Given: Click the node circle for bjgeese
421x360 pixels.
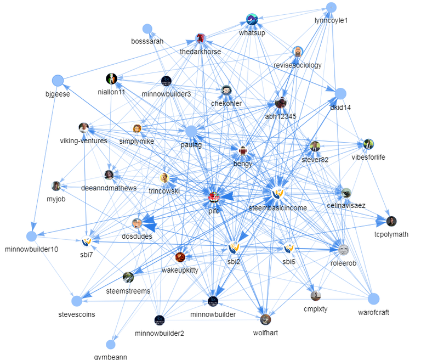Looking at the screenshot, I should [57, 81].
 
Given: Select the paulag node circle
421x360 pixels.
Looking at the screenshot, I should [191, 132].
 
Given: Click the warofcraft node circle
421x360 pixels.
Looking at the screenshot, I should [373, 299].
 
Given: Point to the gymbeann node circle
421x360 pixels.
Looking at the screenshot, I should [111, 345].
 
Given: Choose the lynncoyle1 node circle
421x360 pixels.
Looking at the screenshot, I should [331, 7].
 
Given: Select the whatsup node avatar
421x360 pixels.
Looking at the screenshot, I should [252, 20].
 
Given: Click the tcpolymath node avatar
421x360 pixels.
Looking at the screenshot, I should [391, 221].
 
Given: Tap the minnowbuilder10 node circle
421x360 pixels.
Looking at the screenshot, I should [31, 236].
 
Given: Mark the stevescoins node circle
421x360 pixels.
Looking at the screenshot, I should [77, 301].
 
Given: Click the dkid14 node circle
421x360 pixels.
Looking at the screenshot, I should [340, 94].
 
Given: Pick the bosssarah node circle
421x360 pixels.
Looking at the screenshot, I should [147, 29].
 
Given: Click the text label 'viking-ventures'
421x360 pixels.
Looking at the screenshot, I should [84, 140].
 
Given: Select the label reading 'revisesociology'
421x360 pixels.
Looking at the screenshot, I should [298, 65].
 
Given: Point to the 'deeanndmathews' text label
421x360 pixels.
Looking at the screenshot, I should [109, 188].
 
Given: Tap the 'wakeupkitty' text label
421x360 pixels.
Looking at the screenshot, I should [180, 270].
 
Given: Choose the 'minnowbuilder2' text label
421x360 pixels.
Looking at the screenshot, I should [160, 333].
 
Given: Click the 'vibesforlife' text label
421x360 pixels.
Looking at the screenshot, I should [368, 157].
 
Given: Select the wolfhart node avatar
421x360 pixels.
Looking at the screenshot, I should [265, 319].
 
